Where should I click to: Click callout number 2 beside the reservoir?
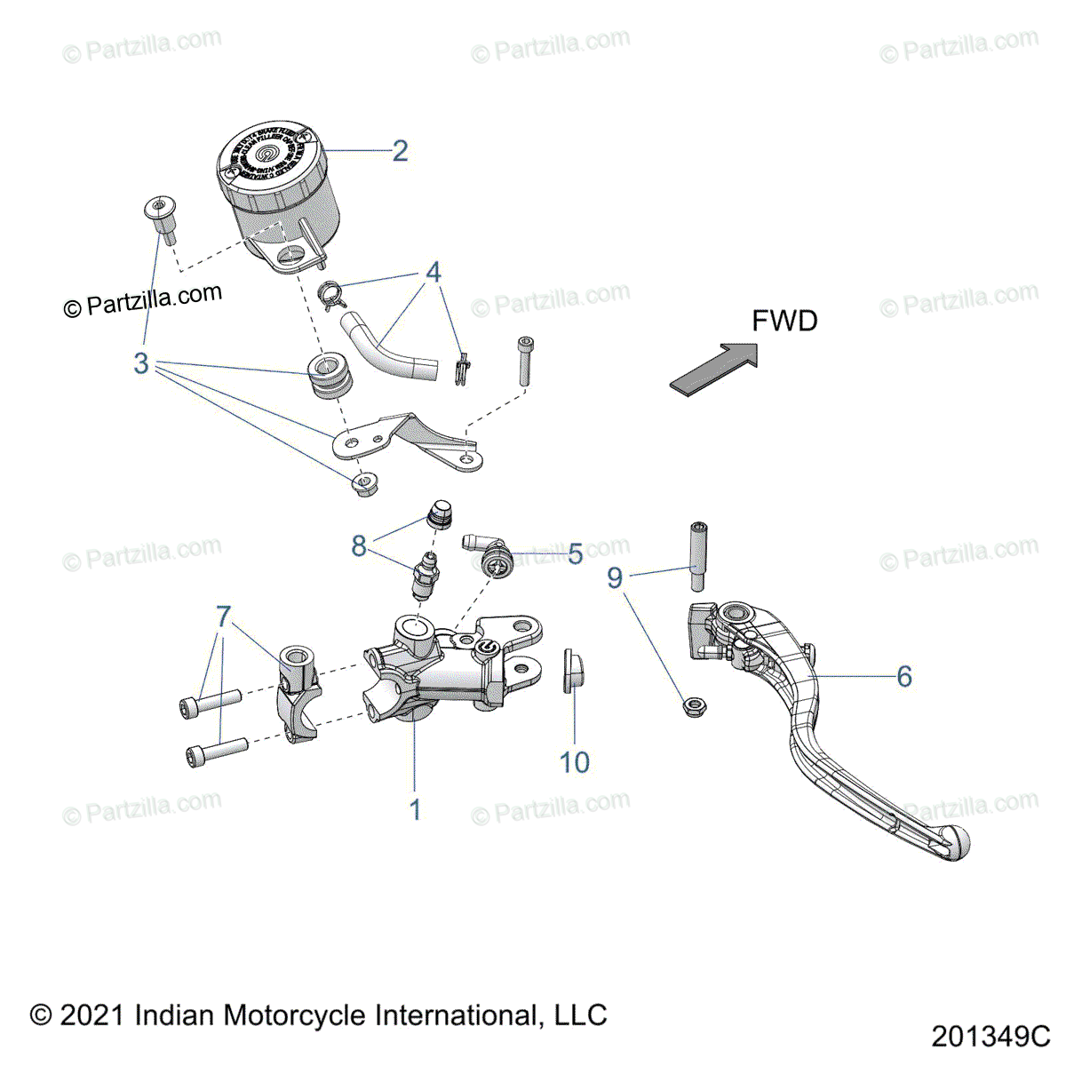(x=400, y=151)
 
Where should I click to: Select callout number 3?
(x=141, y=363)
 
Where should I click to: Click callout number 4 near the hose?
(x=433, y=272)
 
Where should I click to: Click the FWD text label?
(x=784, y=321)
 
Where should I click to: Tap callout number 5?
(x=575, y=554)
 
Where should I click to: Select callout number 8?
(x=358, y=545)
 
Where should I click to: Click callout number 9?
(x=615, y=578)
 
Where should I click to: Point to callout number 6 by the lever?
(x=903, y=677)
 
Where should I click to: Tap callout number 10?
(x=575, y=762)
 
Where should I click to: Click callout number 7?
(x=223, y=616)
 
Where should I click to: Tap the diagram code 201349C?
(x=990, y=1036)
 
